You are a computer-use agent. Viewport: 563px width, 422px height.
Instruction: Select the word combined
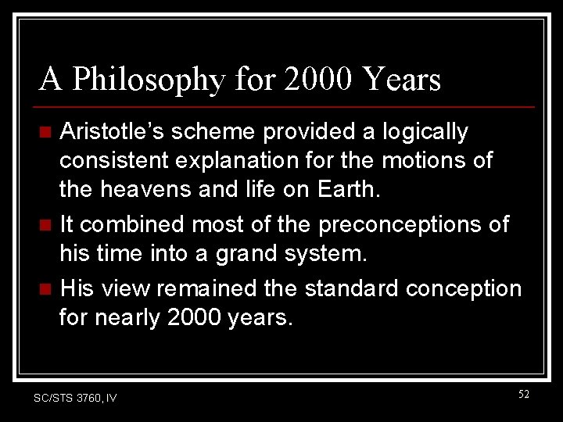point(134,225)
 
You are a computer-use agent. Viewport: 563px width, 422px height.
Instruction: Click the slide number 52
point(523,395)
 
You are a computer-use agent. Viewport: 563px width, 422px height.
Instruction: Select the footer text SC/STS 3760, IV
point(76,398)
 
